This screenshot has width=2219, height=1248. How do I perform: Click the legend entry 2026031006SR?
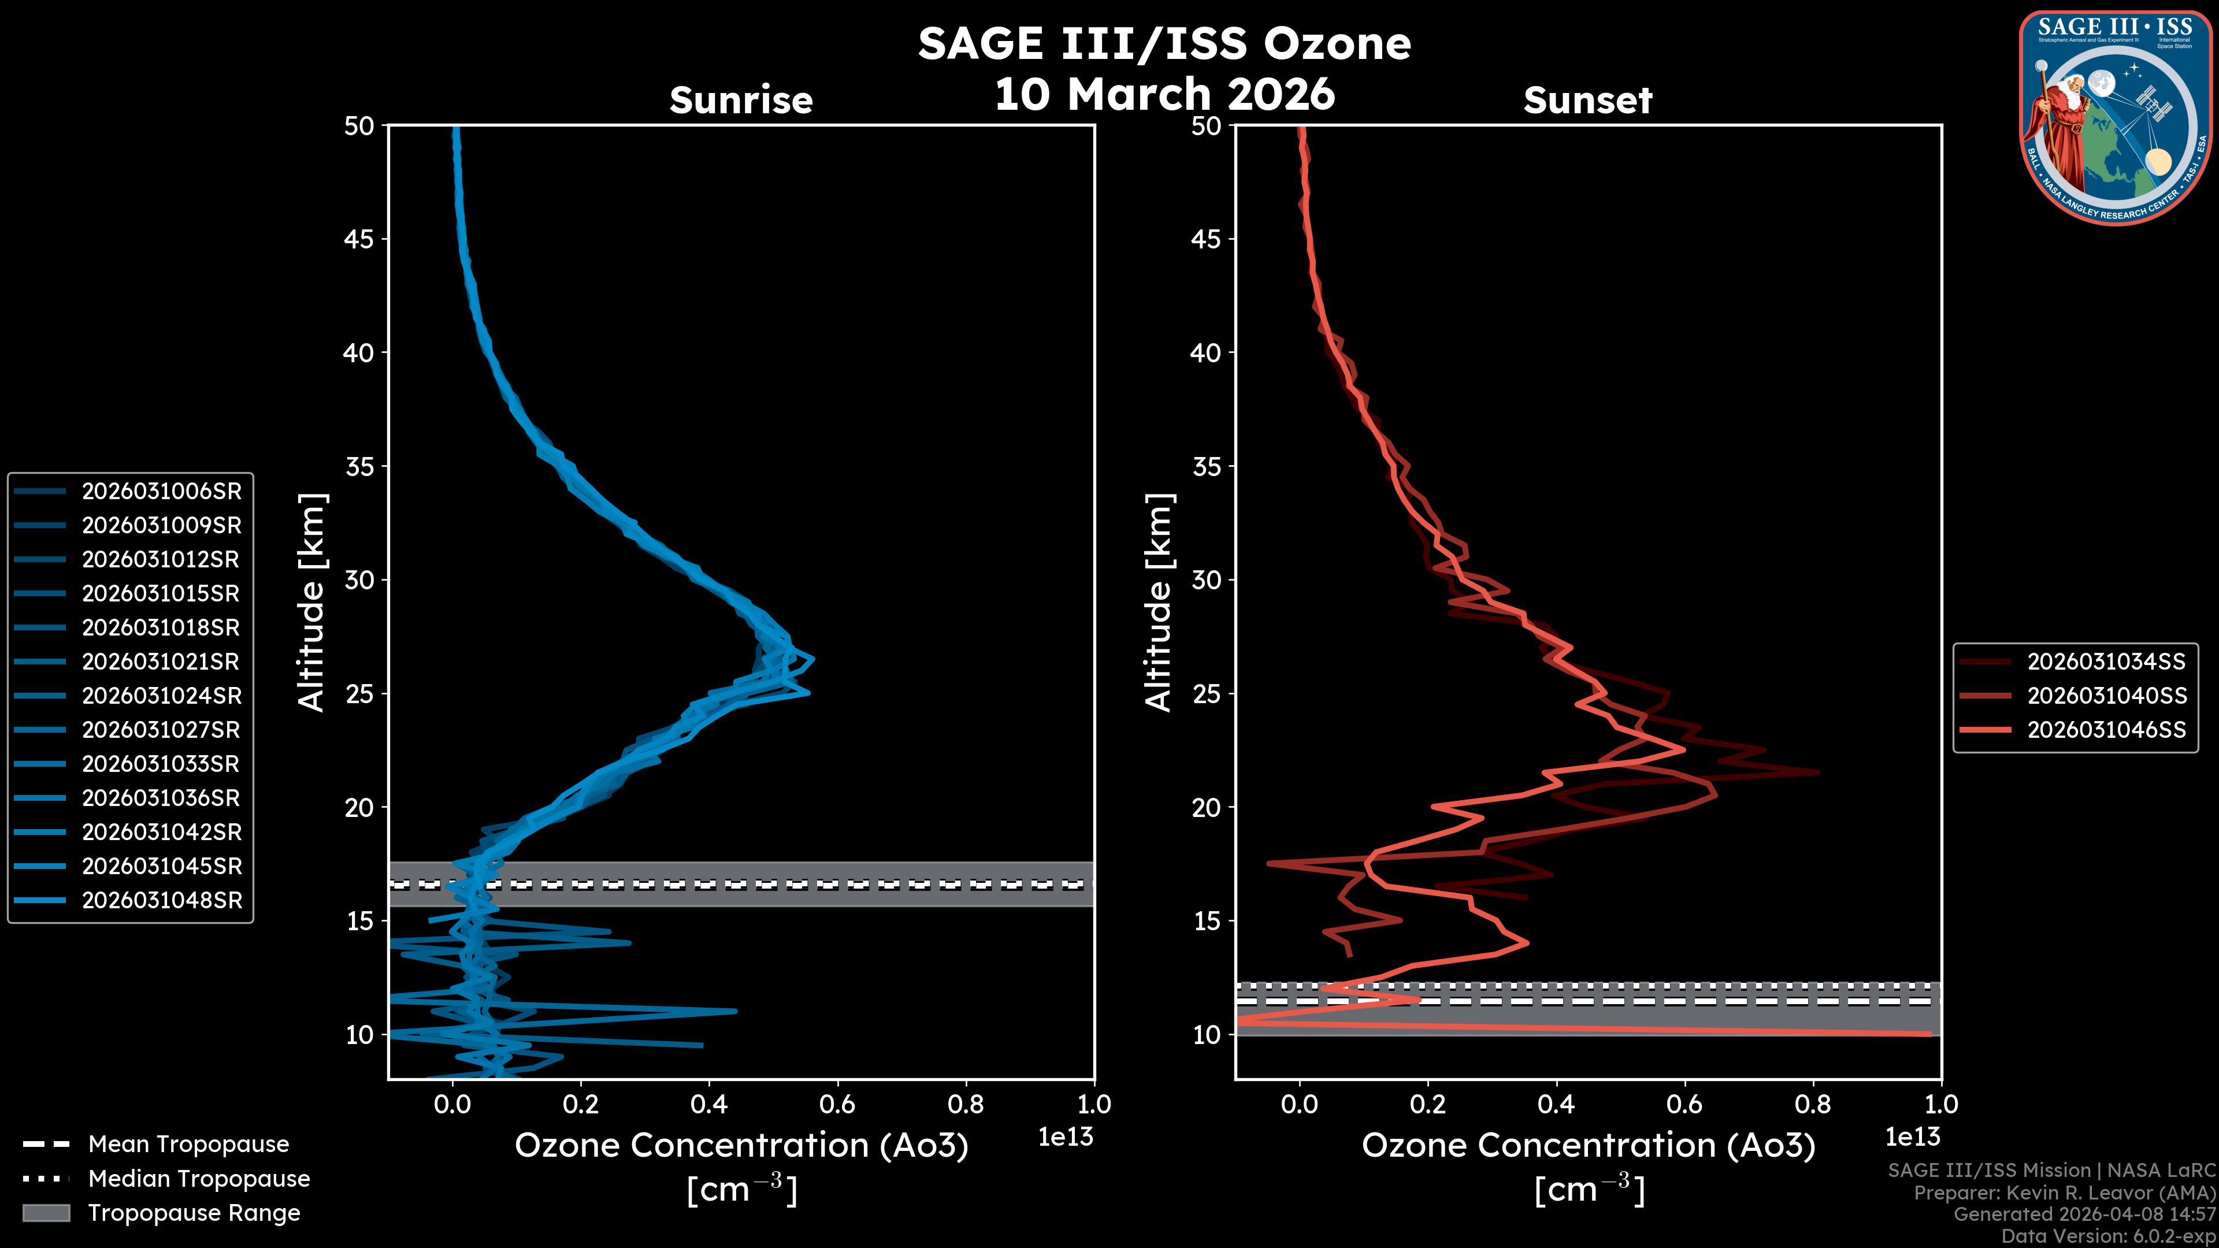[x=161, y=491]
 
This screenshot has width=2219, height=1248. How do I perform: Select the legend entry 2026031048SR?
[x=161, y=900]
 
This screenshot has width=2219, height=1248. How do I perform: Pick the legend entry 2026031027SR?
[x=161, y=730]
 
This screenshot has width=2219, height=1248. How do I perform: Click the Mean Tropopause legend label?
[x=188, y=1144]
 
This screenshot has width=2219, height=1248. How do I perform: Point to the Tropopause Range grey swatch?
[x=46, y=1213]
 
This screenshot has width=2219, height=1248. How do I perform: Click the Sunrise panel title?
[x=741, y=100]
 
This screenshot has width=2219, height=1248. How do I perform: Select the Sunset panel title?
[x=1587, y=100]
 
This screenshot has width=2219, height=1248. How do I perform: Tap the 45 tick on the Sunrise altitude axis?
[x=360, y=239]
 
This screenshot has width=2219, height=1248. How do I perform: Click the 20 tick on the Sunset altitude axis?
[x=1207, y=807]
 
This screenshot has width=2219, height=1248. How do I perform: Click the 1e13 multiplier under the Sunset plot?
[x=1912, y=1137]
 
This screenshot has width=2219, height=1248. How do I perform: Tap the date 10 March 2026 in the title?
[x=1164, y=93]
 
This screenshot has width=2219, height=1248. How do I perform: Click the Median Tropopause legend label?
[x=199, y=1178]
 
